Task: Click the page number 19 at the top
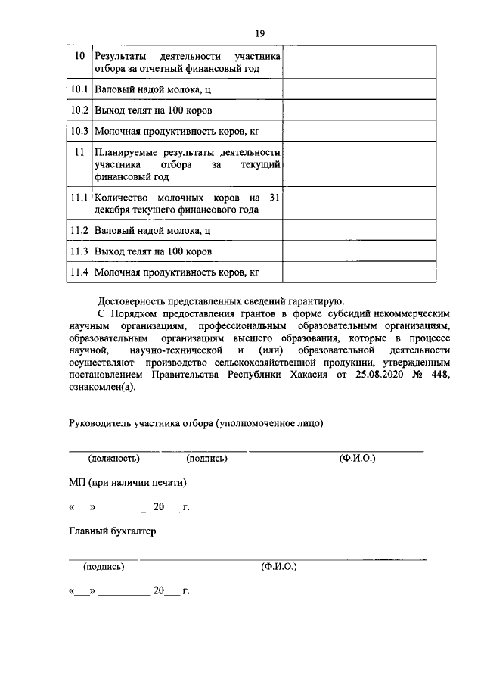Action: [259, 33]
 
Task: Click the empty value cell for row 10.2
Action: [359, 111]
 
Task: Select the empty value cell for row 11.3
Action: [359, 251]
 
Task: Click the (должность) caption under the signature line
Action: [113, 459]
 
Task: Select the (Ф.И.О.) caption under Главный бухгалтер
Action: [279, 566]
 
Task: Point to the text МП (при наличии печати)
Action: [127, 482]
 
